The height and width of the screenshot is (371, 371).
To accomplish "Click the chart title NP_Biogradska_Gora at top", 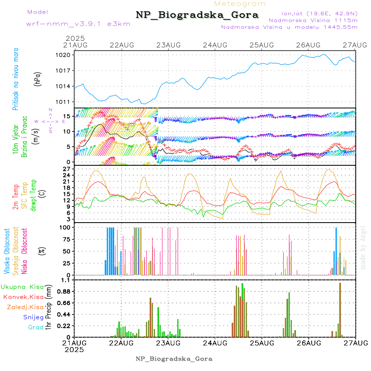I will tap(197, 15).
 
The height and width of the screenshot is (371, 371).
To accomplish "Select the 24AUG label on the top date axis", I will tap(215, 45).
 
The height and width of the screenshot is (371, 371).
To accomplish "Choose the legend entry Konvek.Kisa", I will tap(23, 297).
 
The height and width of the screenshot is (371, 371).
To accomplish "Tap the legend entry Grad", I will tap(36, 327).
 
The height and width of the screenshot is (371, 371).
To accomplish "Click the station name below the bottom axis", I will tap(174, 359).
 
